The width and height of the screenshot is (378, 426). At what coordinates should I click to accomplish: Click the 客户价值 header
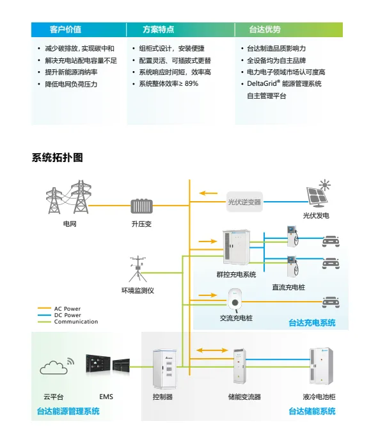pyautogui.click(x=65, y=29)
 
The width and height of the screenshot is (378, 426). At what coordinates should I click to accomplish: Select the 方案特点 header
pyautogui.click(x=159, y=29)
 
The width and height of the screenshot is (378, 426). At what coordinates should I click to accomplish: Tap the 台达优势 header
pyautogui.click(x=265, y=29)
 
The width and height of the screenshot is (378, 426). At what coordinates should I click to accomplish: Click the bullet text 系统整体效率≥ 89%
pyautogui.click(x=168, y=84)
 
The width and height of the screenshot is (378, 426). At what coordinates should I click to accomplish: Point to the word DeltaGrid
pyautogui.click(x=262, y=83)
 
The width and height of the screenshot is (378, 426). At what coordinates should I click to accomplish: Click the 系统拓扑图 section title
pyautogui.click(x=57, y=158)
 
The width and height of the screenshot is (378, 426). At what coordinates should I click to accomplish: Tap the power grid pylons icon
pyautogui.click(x=68, y=197)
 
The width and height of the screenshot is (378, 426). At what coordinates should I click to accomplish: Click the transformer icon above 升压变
pyautogui.click(x=141, y=206)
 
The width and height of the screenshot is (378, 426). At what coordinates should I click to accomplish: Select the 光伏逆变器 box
pyautogui.click(x=244, y=202)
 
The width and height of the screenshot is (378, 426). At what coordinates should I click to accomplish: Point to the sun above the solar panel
pyautogui.click(x=324, y=185)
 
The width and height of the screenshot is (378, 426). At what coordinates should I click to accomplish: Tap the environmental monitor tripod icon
pyautogui.click(x=138, y=268)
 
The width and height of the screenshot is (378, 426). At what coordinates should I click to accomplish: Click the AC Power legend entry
pyautogui.click(x=59, y=309)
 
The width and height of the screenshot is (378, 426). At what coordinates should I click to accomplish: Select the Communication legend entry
pyautogui.click(x=68, y=322)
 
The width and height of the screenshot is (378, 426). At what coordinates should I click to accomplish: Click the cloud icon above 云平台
pyautogui.click(x=54, y=368)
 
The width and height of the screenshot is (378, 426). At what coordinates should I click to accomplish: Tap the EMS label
pyautogui.click(x=106, y=397)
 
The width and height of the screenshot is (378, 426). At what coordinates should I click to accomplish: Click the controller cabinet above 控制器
pyautogui.click(x=164, y=369)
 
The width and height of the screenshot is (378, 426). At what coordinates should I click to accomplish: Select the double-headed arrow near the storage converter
pyautogui.click(x=212, y=350)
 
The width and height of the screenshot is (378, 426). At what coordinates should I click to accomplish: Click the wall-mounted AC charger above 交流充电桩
pyautogui.click(x=235, y=300)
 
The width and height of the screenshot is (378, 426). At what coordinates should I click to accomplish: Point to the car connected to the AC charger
pyautogui.click(x=331, y=302)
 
